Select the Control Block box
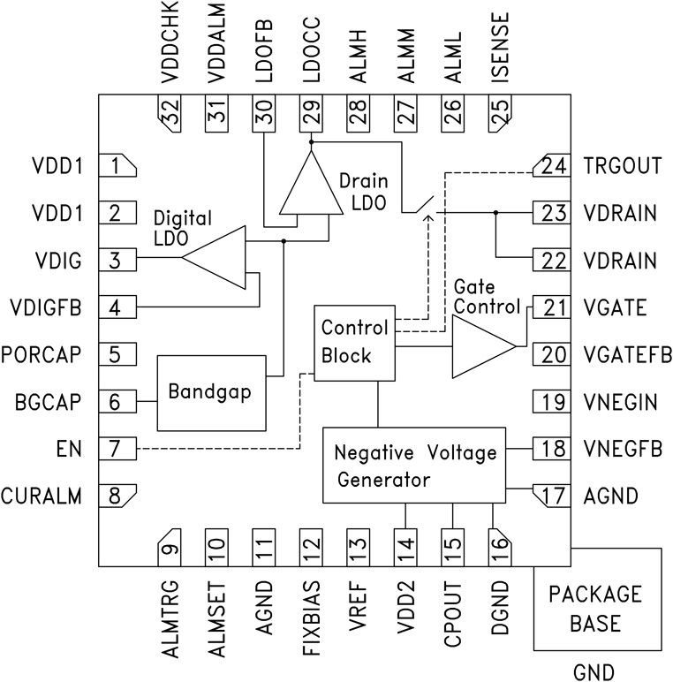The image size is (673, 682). [x=354, y=343]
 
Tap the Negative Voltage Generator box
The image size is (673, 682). [x=415, y=466]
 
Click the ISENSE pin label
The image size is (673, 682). [x=500, y=56]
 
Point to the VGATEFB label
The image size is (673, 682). [x=622, y=355]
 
